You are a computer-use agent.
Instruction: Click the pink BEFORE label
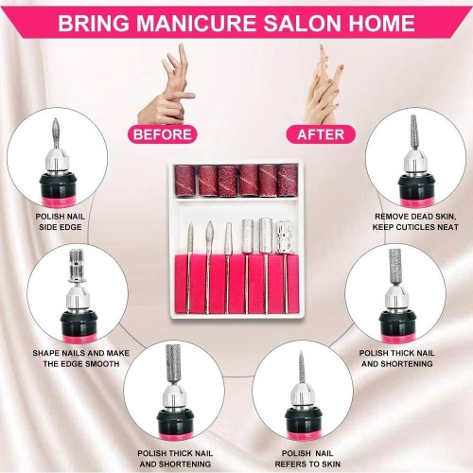pyautogui.click(x=164, y=135)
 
